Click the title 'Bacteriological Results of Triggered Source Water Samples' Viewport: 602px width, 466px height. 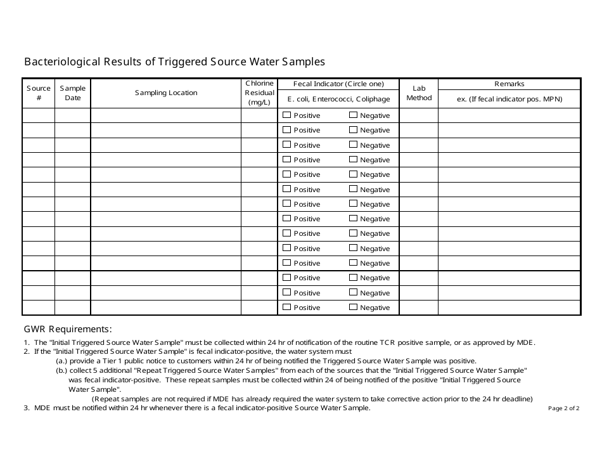(x=174, y=61)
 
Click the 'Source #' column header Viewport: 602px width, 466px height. (x=39, y=93)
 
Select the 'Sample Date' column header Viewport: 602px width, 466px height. (x=73, y=93)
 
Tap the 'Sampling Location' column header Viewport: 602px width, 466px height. (x=165, y=93)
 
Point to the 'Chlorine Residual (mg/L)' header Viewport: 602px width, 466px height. (x=259, y=93)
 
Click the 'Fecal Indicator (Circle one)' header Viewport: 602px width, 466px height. (x=338, y=84)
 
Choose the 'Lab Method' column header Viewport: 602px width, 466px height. (x=419, y=93)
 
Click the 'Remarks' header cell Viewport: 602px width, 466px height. (x=509, y=84)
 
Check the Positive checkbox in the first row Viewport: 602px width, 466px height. (x=287, y=115)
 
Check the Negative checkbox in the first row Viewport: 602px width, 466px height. (x=354, y=115)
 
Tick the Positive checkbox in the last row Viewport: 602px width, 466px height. (x=287, y=307)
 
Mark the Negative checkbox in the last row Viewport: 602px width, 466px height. (x=354, y=307)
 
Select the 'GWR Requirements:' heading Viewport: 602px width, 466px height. (x=68, y=329)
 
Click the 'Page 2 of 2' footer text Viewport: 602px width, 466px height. (x=563, y=408)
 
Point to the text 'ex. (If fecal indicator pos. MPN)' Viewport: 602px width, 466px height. (x=509, y=99)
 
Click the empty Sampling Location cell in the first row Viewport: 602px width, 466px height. (x=165, y=115)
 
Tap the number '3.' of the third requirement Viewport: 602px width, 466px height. (x=27, y=408)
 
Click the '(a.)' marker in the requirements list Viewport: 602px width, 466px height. (x=61, y=360)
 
